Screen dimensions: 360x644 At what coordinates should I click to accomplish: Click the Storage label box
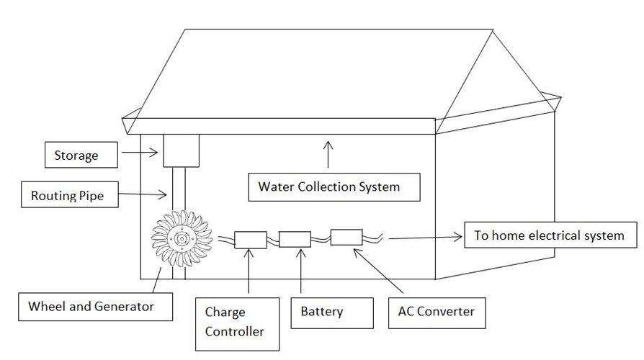(x=76, y=155)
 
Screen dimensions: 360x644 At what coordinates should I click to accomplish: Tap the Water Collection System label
(x=328, y=186)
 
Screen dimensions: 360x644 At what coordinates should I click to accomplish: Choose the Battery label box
(x=332, y=312)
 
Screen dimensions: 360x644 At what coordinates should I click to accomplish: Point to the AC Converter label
(x=437, y=312)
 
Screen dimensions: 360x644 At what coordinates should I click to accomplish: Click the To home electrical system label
(x=551, y=235)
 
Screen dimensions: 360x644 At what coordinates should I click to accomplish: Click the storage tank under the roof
(x=181, y=150)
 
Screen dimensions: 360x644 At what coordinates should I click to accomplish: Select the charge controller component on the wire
(x=251, y=239)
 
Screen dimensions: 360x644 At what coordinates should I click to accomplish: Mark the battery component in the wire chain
(x=295, y=238)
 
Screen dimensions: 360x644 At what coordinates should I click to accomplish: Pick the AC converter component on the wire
(x=346, y=236)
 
